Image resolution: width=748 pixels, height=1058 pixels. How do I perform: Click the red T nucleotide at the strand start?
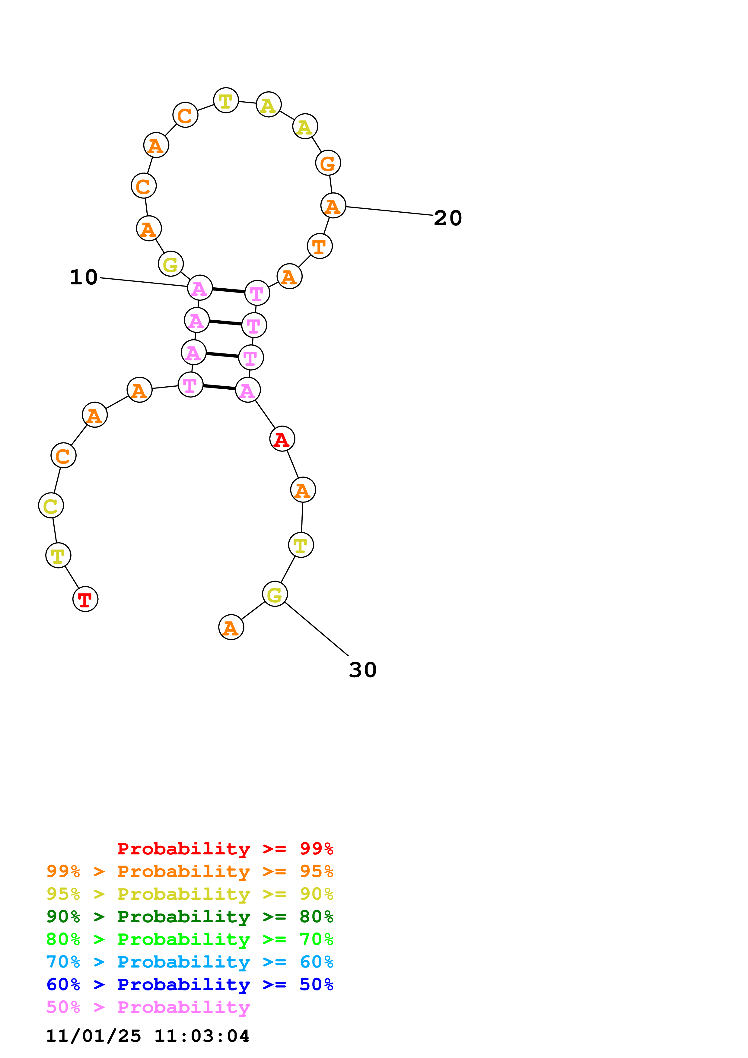point(85,599)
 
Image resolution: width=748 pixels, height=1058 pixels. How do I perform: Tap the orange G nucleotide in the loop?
point(328,163)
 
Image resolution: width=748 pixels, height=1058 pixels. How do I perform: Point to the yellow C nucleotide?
point(51,505)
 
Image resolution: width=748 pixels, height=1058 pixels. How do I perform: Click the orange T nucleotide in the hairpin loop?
point(320,246)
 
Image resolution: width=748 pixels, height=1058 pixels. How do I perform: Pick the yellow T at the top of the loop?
point(226,100)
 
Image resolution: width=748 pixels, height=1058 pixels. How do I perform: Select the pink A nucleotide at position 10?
point(199,288)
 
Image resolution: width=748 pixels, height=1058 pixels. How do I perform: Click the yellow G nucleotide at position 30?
point(275,594)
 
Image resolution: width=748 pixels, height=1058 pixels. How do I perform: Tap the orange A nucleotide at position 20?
point(333,205)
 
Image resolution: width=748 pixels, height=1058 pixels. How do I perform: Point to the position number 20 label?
point(447,218)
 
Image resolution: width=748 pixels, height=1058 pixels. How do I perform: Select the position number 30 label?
point(363,670)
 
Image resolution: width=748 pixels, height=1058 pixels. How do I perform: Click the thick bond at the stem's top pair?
point(228,290)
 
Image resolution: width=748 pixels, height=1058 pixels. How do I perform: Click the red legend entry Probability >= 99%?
point(225,849)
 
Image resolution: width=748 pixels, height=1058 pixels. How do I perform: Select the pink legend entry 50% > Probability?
point(148,1007)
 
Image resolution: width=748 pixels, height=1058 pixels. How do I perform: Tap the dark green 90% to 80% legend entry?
point(189,917)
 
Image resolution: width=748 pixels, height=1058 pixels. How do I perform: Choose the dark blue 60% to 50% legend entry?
point(189,984)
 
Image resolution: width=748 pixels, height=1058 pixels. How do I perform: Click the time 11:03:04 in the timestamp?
point(201,1036)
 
